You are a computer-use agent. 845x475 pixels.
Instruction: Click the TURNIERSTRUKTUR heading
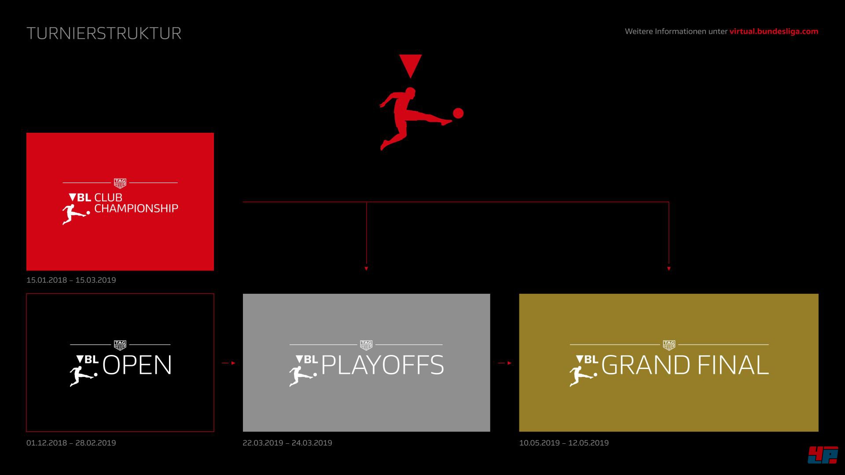tap(104, 33)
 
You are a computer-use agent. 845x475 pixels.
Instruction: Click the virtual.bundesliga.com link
tap(774, 31)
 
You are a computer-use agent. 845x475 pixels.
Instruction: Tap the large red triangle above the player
tap(411, 66)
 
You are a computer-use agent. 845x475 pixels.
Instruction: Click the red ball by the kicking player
tap(458, 113)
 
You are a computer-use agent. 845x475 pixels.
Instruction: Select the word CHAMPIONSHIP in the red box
tap(136, 208)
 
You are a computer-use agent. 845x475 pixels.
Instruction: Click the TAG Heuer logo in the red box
tap(120, 183)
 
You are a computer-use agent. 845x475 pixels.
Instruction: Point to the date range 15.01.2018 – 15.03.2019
tap(71, 280)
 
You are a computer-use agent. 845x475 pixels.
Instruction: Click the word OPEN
tap(137, 365)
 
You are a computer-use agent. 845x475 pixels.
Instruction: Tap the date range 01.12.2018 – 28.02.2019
tap(71, 443)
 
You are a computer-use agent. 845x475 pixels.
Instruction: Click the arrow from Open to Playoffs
tap(228, 363)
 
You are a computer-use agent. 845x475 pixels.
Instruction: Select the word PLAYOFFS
tap(382, 365)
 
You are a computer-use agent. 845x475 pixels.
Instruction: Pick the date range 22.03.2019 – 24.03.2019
tap(287, 443)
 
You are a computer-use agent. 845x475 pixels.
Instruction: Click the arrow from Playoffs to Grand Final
tap(505, 363)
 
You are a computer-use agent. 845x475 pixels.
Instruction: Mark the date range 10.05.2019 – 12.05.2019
tap(564, 443)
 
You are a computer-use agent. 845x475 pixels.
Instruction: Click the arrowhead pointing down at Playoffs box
tap(366, 268)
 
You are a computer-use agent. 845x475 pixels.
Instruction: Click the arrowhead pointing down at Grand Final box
tap(669, 268)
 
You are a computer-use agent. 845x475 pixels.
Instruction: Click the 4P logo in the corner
tap(823, 455)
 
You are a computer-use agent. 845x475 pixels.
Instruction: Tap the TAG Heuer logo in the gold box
tap(669, 345)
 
